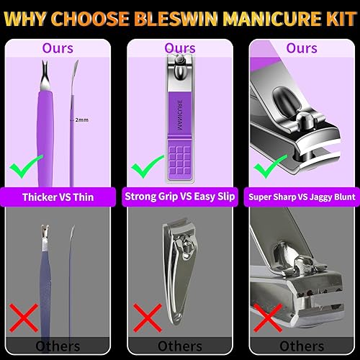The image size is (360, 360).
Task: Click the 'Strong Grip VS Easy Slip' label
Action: click(180, 195)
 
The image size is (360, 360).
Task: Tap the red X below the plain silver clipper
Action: click(147, 317)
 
